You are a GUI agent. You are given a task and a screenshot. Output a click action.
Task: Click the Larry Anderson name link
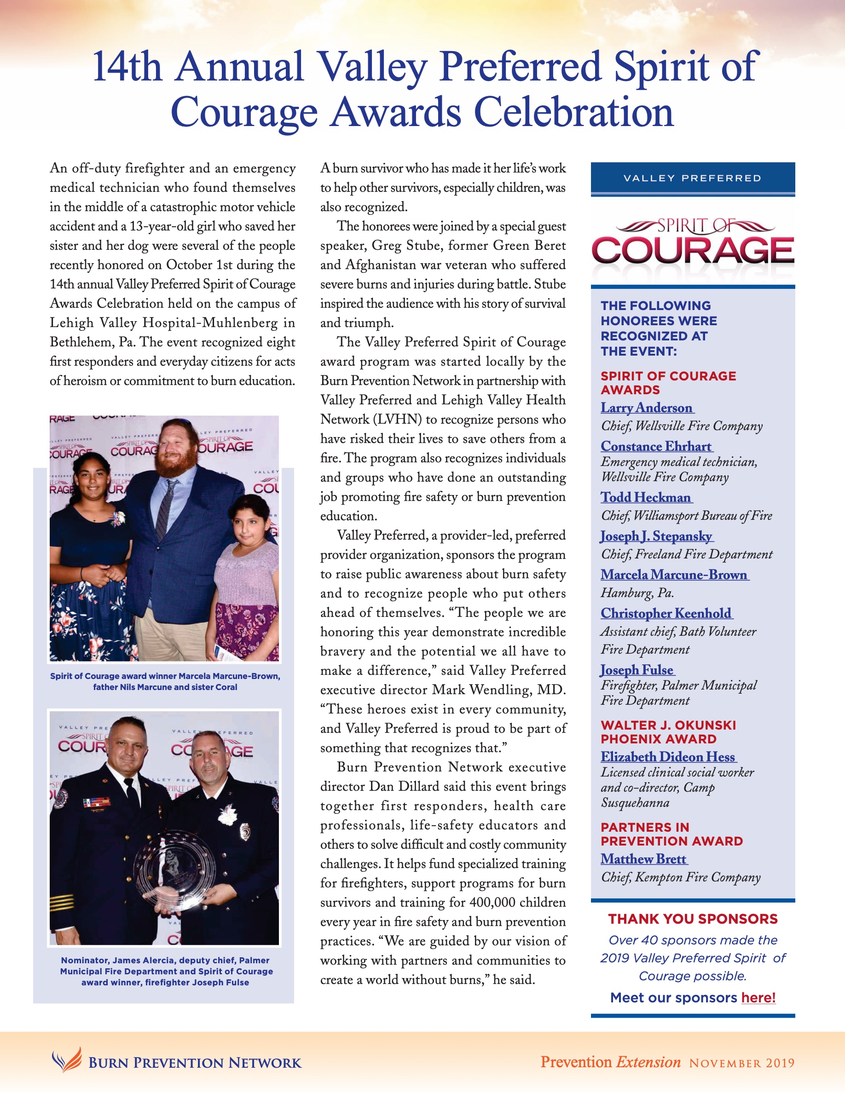pos(647,408)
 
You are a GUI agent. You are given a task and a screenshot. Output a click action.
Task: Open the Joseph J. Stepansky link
pos(656,536)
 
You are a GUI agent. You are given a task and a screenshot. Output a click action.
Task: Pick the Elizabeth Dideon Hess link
pos(668,757)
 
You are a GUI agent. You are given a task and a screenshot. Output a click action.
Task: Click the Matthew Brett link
pos(643,859)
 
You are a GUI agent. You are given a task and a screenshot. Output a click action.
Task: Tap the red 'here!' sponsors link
pos(758,997)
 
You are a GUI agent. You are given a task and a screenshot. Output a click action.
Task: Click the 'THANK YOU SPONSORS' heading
pos(693,919)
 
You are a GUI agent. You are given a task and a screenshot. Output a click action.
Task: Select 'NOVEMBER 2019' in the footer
pos(741,1063)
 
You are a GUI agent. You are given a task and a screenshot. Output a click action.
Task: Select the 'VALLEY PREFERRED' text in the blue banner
pos(692,178)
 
